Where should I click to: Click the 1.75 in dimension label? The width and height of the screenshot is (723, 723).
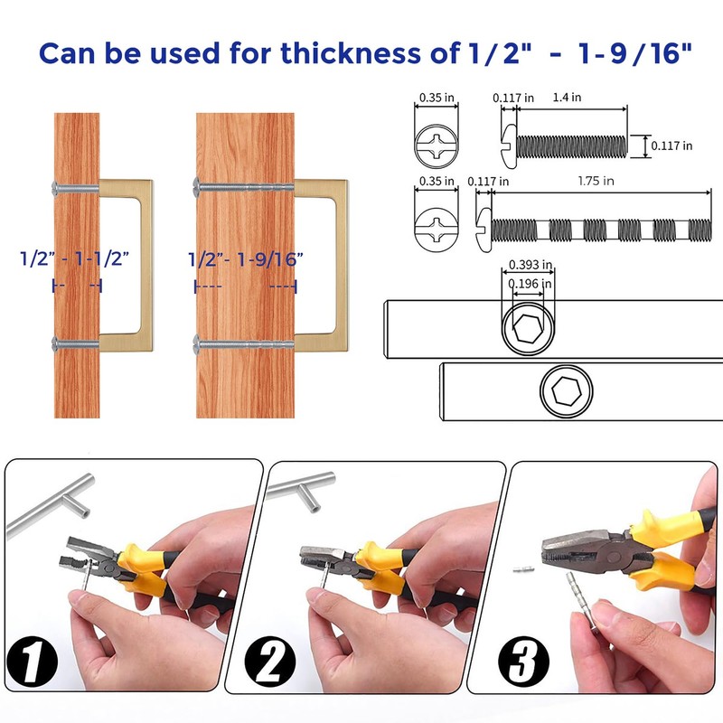pos(596,181)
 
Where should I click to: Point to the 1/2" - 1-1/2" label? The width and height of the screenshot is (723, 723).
pos(75,258)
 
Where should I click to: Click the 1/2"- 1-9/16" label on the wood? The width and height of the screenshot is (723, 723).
pos(245,258)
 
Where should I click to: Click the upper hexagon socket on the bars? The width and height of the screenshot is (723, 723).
pos(528,329)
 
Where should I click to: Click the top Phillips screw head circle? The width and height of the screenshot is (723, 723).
pos(437,144)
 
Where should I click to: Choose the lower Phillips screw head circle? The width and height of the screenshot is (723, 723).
pos(437,228)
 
